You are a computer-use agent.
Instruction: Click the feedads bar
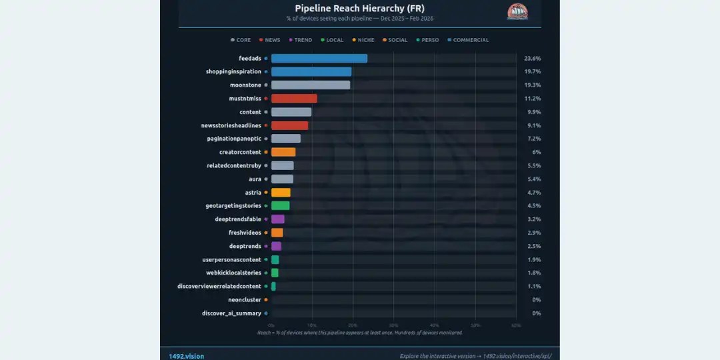319,59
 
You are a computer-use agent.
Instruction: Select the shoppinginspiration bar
311,72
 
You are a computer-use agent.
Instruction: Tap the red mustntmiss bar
293,99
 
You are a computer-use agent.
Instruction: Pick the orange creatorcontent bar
283,152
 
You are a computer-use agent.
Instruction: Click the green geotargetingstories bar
280,206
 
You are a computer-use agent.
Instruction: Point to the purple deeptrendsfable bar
277,219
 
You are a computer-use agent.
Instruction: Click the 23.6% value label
531,59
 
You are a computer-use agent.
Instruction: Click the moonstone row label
245,85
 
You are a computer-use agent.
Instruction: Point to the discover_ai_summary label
231,313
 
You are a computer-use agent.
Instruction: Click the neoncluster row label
245,300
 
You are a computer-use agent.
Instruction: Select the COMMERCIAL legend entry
471,40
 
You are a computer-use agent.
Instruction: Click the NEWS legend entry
272,40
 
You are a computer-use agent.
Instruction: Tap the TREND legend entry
303,40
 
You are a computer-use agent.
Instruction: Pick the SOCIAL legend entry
397,40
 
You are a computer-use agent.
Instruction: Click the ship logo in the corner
517,11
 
